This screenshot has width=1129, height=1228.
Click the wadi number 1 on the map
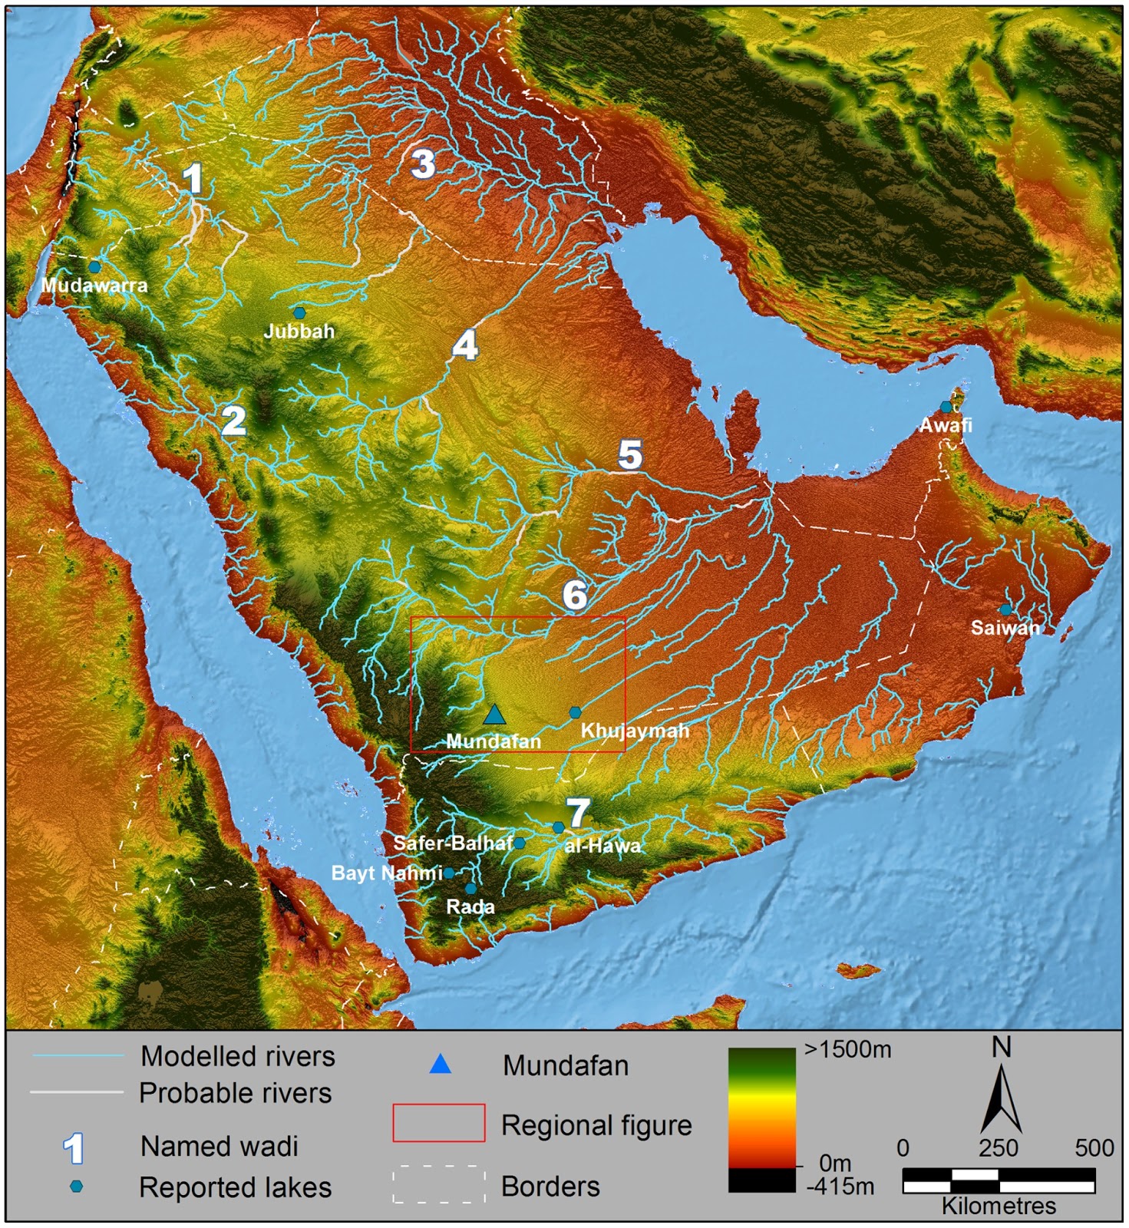192,179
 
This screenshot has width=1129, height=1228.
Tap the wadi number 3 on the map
423,163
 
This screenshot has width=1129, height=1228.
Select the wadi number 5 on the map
630,455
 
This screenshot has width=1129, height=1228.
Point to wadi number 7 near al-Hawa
577,812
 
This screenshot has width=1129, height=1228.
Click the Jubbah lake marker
299,313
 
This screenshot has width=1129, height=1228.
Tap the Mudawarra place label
94,286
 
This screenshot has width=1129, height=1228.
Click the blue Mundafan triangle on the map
494,715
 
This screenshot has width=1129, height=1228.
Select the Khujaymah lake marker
575,712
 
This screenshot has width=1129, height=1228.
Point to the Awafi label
946,425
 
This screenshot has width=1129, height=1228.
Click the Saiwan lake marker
1005,610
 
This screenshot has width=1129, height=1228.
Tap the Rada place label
470,906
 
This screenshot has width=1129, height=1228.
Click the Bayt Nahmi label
386,873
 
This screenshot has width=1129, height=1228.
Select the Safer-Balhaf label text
453,843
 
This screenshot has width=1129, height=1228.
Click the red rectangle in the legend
438,1124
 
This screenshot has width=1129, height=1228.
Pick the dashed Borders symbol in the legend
438,1185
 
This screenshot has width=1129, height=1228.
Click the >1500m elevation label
847,1050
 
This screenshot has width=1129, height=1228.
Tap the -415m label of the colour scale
840,1187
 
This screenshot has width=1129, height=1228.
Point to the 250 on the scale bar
998,1148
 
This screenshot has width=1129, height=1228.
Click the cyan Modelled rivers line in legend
77,1056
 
